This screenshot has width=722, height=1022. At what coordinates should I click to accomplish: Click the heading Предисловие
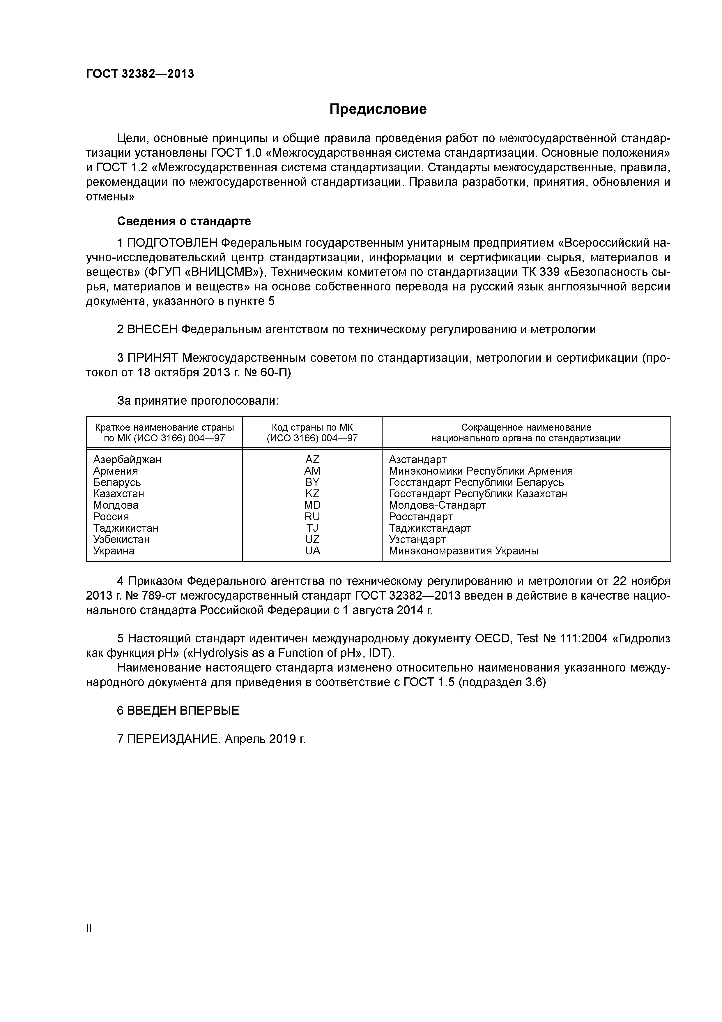378,109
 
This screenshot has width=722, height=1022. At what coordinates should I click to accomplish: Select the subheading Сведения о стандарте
184,221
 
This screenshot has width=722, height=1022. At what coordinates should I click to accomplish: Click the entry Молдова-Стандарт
437,505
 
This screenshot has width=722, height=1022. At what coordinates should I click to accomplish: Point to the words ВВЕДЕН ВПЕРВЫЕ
183,710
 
